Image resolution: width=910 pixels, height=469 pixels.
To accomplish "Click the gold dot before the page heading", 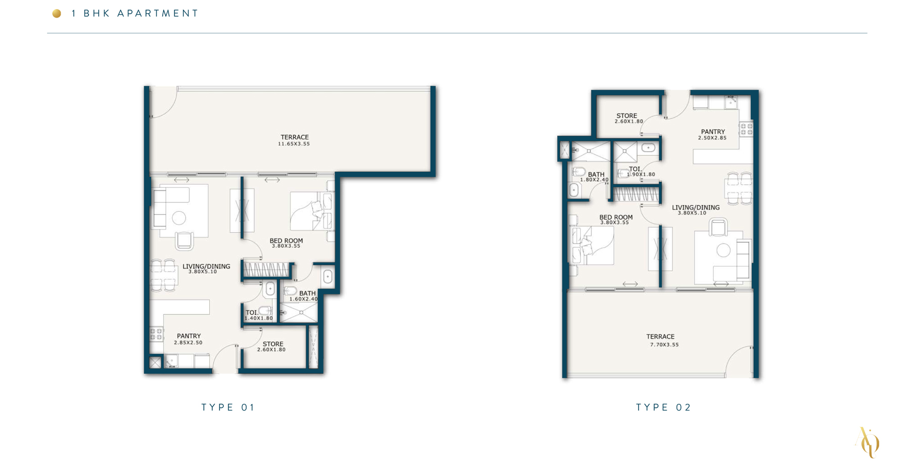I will (x=57, y=14).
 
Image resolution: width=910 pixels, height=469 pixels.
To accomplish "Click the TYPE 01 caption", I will (x=228, y=407).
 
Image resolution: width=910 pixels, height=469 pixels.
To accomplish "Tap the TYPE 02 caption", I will (x=663, y=407).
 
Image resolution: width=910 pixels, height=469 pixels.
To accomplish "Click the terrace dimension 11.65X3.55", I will (x=294, y=144).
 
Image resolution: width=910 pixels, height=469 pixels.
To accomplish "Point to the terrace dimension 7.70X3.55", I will (x=664, y=345).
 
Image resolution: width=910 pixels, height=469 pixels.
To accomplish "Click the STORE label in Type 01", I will (x=273, y=344).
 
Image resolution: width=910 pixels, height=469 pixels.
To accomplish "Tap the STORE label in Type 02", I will (x=627, y=116).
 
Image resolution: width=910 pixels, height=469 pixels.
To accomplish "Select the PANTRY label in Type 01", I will (x=189, y=336).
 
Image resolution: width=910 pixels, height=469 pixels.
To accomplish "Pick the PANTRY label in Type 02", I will (x=713, y=132).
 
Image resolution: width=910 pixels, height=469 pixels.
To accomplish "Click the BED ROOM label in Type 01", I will (x=286, y=241).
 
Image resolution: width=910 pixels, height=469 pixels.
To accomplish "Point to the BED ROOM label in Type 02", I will (x=616, y=217).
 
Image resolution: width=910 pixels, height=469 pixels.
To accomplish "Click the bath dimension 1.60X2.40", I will (x=303, y=299).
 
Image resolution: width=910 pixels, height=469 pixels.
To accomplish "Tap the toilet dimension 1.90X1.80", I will (x=641, y=175).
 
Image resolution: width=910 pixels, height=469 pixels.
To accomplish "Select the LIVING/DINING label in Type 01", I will (x=206, y=266).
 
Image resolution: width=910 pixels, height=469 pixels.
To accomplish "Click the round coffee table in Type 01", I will (x=179, y=218).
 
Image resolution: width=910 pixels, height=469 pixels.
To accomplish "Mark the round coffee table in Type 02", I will (x=723, y=250).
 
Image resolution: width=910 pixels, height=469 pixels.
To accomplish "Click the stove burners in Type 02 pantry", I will (x=746, y=129).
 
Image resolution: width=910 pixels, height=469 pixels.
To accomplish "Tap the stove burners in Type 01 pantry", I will (x=156, y=334).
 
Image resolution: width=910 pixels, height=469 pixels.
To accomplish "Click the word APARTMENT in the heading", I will (x=158, y=14).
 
